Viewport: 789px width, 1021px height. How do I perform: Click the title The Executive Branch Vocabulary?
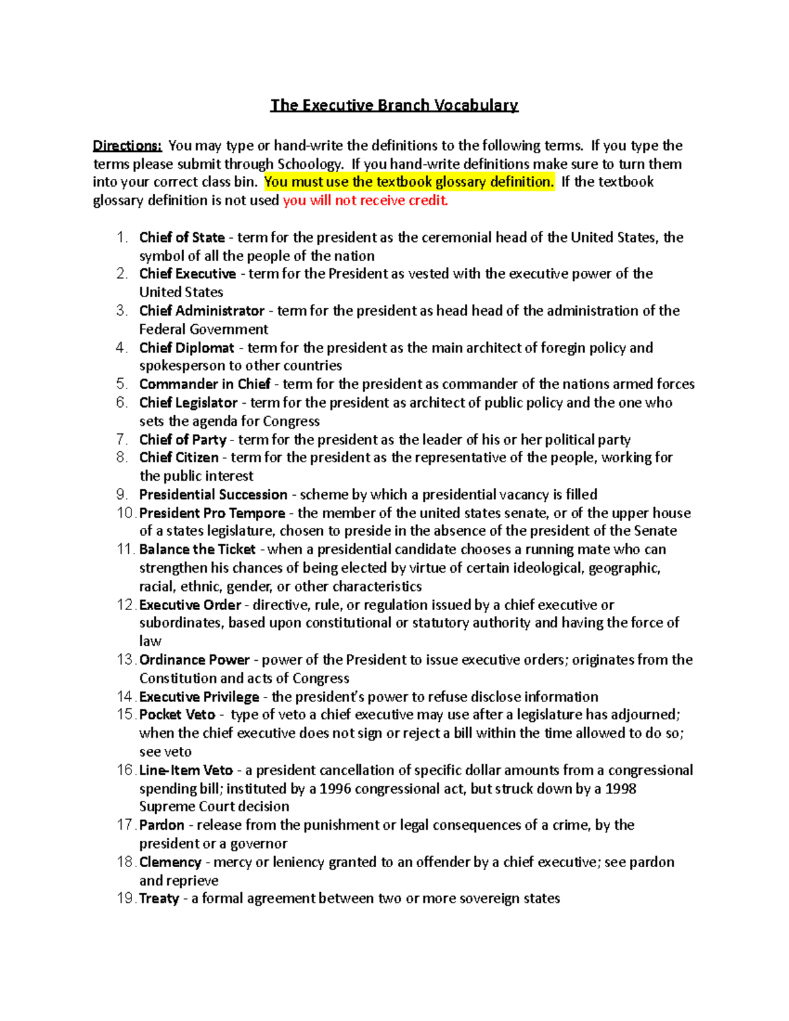click(x=394, y=105)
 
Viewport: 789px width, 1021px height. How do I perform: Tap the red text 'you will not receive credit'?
click(x=365, y=201)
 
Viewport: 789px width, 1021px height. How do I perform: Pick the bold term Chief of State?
click(x=181, y=237)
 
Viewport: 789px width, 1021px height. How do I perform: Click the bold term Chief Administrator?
click(x=202, y=311)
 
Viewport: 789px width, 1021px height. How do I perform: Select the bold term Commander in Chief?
click(x=204, y=384)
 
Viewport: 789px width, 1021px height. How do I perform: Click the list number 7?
click(x=122, y=439)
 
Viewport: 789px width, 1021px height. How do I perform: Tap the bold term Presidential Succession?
click(x=213, y=494)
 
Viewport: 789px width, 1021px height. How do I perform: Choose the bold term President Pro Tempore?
click(x=212, y=513)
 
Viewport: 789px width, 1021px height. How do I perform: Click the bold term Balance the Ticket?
click(x=197, y=550)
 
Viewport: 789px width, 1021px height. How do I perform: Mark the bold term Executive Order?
click(x=190, y=605)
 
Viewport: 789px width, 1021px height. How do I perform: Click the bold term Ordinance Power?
click(x=194, y=660)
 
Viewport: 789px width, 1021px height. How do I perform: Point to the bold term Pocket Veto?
click(x=177, y=715)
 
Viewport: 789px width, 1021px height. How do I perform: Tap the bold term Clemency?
click(x=170, y=862)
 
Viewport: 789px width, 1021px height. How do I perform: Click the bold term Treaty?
click(x=159, y=899)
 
